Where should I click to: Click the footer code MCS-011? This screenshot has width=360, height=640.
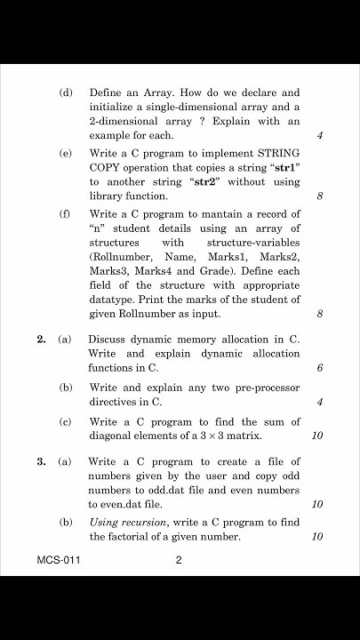point(52,561)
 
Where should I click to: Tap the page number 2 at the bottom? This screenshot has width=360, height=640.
point(179,561)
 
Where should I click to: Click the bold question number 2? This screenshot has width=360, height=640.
point(41,339)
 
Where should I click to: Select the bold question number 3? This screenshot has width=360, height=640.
point(41,461)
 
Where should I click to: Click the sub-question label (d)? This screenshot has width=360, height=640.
point(65,92)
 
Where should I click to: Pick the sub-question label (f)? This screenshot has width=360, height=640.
point(65,214)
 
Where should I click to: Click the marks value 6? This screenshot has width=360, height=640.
point(319,369)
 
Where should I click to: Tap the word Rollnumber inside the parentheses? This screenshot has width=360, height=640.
point(121,257)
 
